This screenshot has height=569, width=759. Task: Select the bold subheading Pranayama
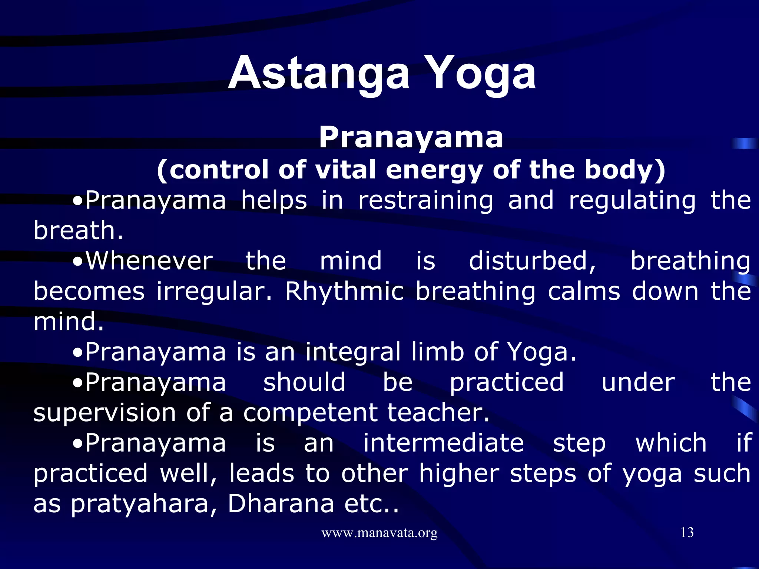click(411, 137)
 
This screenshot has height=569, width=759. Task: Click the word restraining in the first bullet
click(425, 200)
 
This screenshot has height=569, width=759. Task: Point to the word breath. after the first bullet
click(78, 230)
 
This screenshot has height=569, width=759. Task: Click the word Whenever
click(149, 261)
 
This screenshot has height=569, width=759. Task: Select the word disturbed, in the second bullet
click(533, 261)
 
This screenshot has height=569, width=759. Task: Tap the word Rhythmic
click(344, 292)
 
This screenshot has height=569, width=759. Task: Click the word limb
click(438, 352)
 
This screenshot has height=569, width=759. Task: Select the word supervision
click(105, 413)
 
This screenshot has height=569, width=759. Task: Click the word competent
click(311, 413)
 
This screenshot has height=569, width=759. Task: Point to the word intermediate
click(443, 443)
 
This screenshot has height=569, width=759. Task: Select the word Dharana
click(281, 504)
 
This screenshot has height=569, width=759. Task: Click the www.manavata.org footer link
click(379, 533)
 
